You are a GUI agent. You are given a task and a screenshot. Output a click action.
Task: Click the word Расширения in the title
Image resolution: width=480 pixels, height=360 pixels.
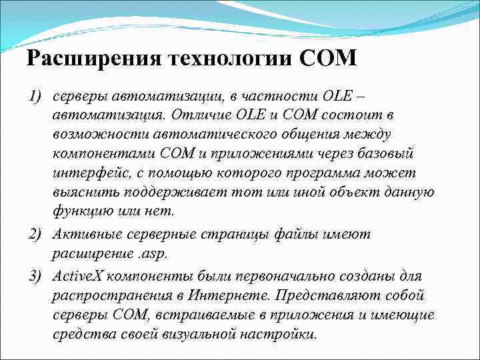click(x=91, y=59)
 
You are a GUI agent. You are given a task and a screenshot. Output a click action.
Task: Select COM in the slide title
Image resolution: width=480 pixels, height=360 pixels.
click(x=329, y=59)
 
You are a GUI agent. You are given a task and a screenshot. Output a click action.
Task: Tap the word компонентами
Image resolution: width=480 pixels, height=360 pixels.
click(x=105, y=154)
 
